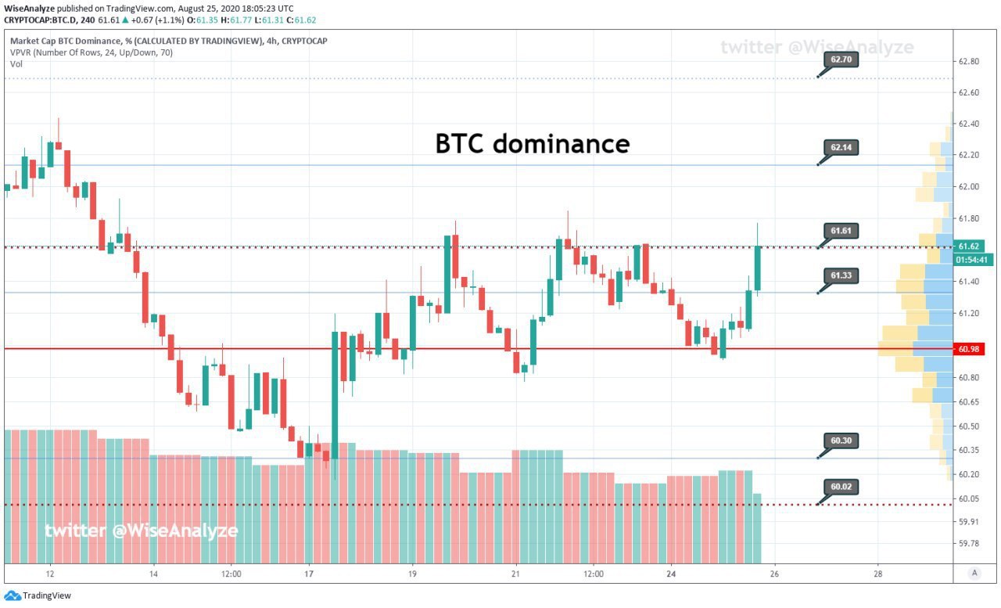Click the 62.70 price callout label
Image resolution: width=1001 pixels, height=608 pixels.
point(841,59)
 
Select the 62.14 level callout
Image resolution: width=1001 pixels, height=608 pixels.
point(841,148)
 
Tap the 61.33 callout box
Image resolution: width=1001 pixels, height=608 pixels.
point(841,275)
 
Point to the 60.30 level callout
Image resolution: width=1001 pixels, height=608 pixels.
point(841,441)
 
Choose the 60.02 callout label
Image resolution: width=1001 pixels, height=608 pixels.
point(841,487)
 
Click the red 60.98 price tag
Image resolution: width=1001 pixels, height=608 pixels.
point(969,349)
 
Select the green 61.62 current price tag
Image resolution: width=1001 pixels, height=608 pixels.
point(969,246)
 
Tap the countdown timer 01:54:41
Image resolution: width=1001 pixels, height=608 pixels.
point(972,261)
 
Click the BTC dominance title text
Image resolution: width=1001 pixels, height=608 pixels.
point(533,144)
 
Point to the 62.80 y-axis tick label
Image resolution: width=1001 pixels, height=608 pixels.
point(969,61)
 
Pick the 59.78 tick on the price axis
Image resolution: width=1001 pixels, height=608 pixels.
point(969,544)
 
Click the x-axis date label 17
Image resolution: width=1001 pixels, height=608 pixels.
point(309,574)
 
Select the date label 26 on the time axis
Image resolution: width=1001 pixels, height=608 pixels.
point(774,574)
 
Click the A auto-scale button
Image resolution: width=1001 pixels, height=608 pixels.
point(974,573)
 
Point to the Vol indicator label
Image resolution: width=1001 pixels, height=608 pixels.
point(16,64)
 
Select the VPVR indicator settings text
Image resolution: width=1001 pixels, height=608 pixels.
point(91,52)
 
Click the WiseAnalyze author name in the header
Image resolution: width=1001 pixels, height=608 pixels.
point(29,9)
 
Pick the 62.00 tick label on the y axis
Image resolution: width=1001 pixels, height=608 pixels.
point(969,187)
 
